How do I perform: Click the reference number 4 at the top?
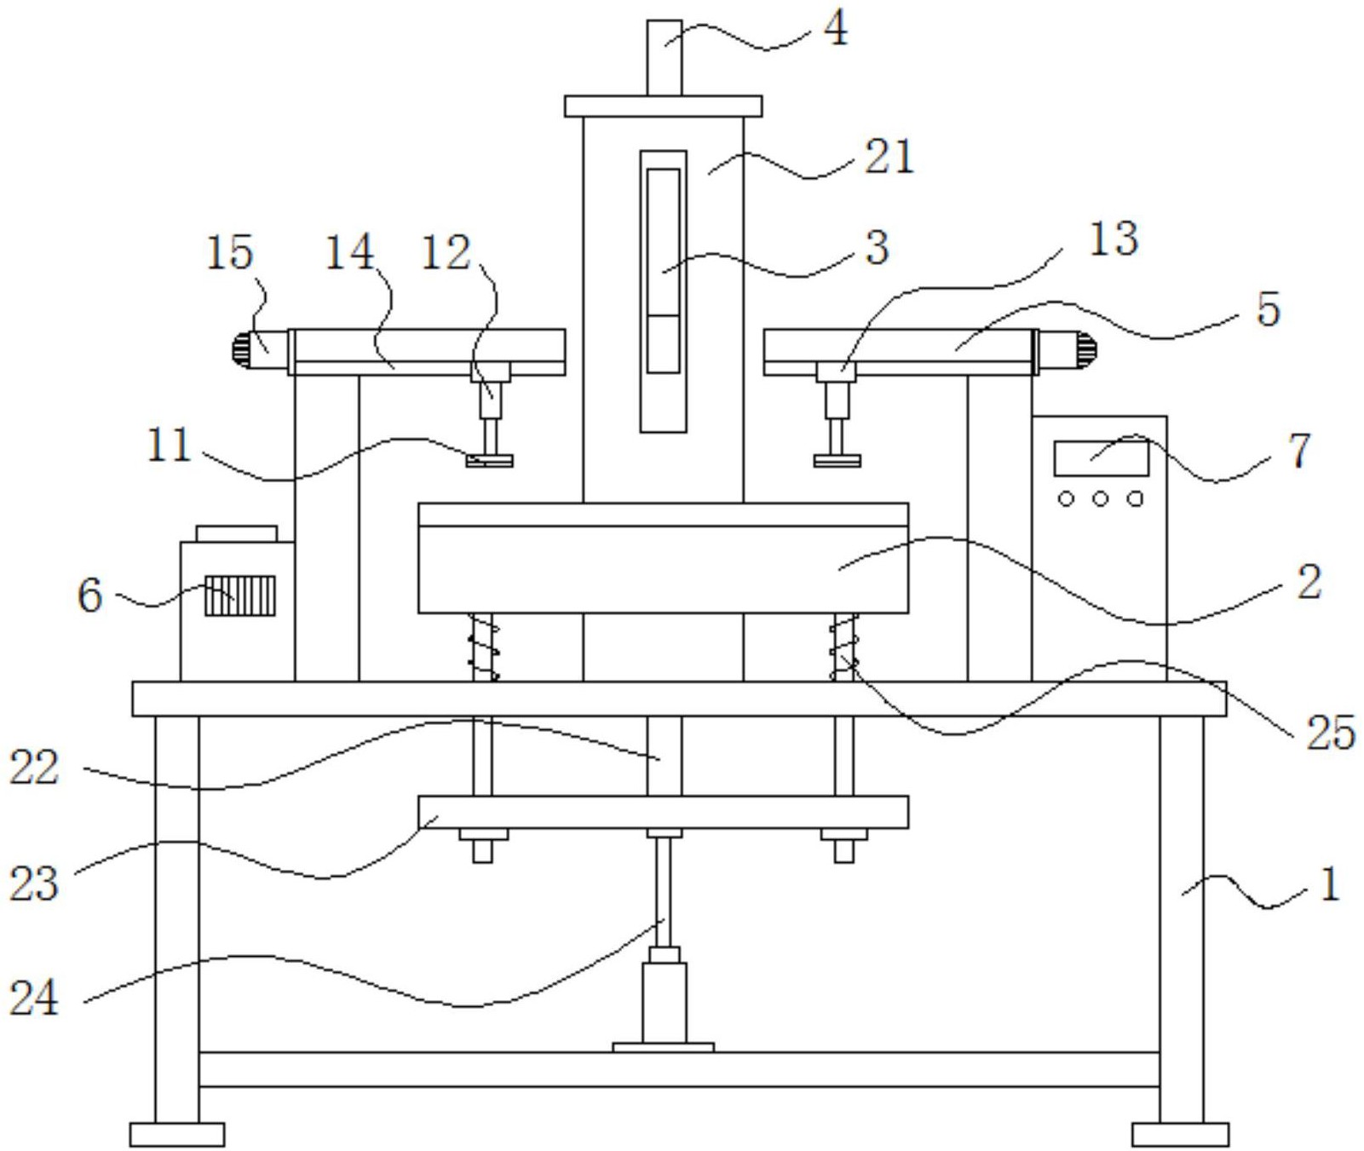pyautogui.click(x=836, y=29)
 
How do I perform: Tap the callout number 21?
pyautogui.click(x=889, y=157)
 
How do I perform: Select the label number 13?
pyautogui.click(x=1114, y=239)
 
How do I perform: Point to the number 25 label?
pyautogui.click(x=1330, y=732)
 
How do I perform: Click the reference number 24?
pyautogui.click(x=34, y=997)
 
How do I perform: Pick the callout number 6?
pyautogui.click(x=90, y=595)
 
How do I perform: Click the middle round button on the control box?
pyautogui.click(x=1101, y=499)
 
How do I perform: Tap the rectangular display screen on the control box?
pyautogui.click(x=1101, y=458)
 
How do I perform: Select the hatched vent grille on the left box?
pyautogui.click(x=240, y=596)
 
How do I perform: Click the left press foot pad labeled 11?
pyautogui.click(x=490, y=461)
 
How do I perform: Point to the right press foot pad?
pyautogui.click(x=837, y=461)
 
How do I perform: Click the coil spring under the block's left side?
pyautogui.click(x=485, y=647)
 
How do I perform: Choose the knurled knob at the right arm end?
pyautogui.click(x=1088, y=351)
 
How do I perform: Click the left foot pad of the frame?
pyautogui.click(x=177, y=1135)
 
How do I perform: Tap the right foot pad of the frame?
pyautogui.click(x=1181, y=1135)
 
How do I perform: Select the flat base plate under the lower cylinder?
pyautogui.click(x=663, y=1047)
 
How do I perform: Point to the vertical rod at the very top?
pyautogui.click(x=665, y=58)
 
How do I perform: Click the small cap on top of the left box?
pyautogui.click(x=237, y=533)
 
